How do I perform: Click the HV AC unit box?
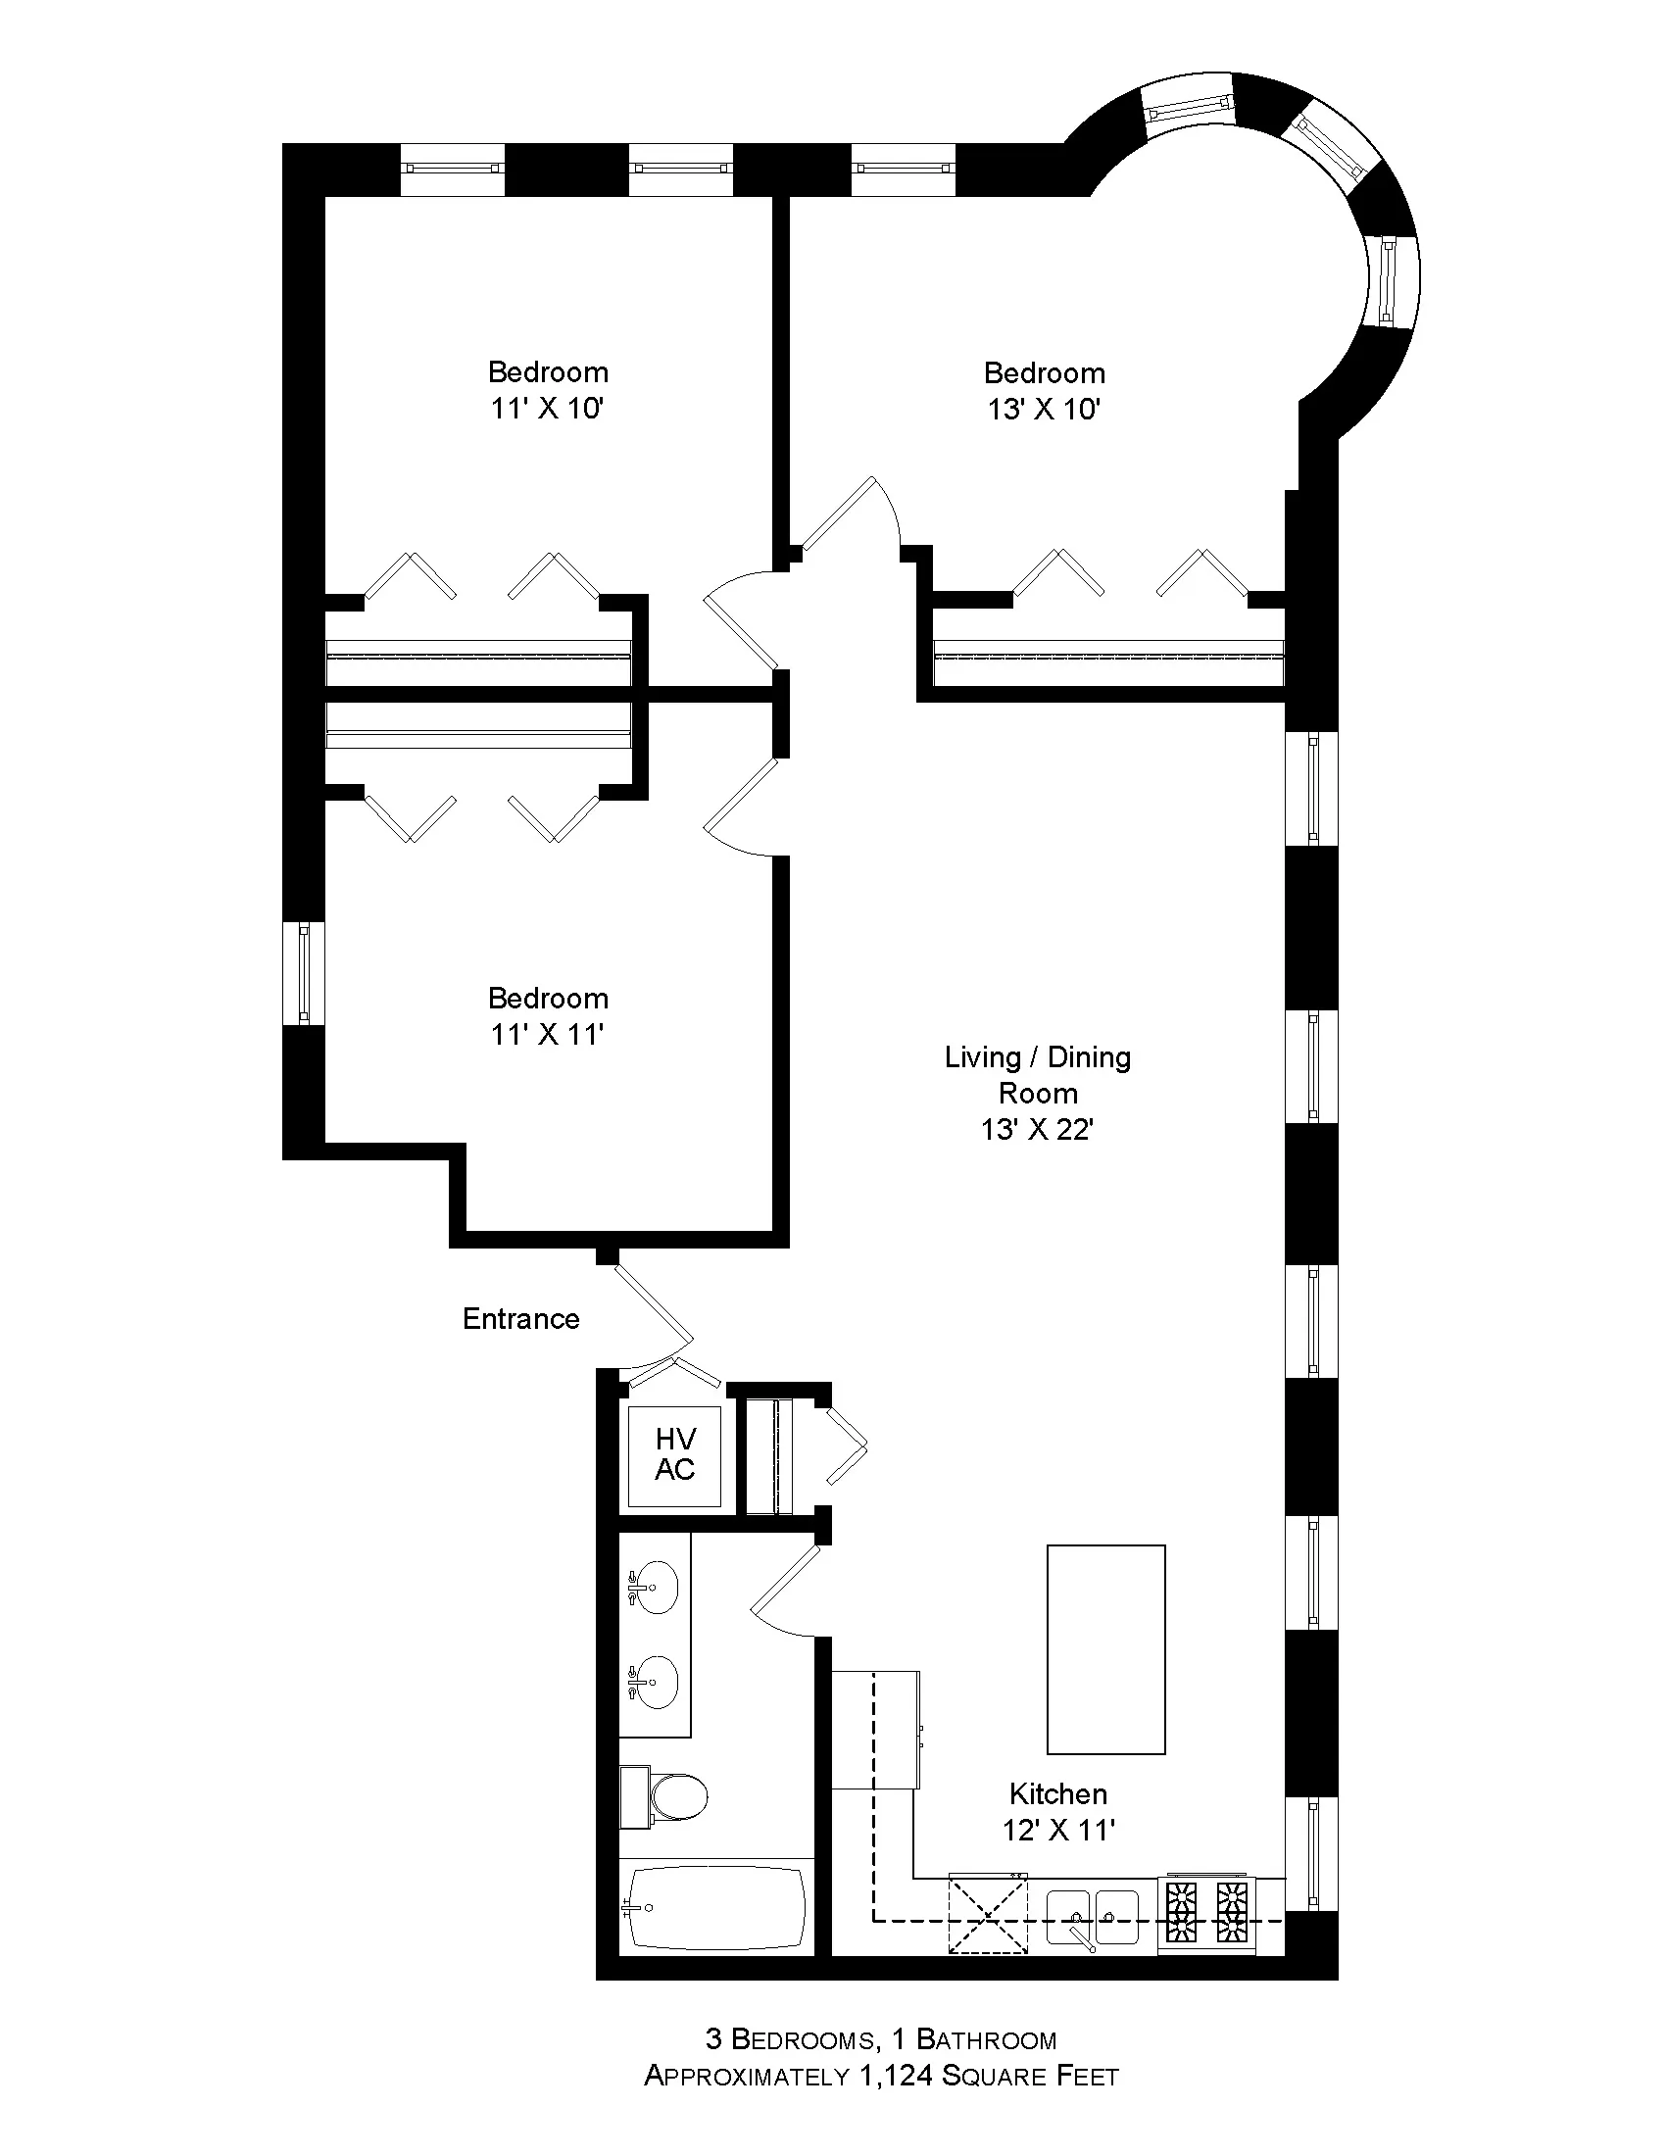click(x=675, y=1455)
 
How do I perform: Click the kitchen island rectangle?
click(x=1105, y=1648)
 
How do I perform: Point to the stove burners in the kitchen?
click(x=1206, y=1911)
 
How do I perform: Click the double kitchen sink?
click(x=1091, y=1915)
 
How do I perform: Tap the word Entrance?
click(x=521, y=1319)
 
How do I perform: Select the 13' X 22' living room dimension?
click(x=1036, y=1129)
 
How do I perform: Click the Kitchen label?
click(x=1058, y=1793)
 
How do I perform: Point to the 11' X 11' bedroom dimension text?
click(x=547, y=1034)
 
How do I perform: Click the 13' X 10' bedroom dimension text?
click(x=1044, y=409)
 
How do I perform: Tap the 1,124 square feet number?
click(x=897, y=2076)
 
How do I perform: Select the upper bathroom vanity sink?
click(x=654, y=1589)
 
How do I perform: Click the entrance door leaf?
click(x=654, y=1303)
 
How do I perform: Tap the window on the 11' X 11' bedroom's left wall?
click(x=304, y=972)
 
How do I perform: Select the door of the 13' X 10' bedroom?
click(x=839, y=514)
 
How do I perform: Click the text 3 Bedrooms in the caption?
click(x=789, y=2039)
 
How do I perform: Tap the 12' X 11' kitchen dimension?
click(x=1058, y=1831)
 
